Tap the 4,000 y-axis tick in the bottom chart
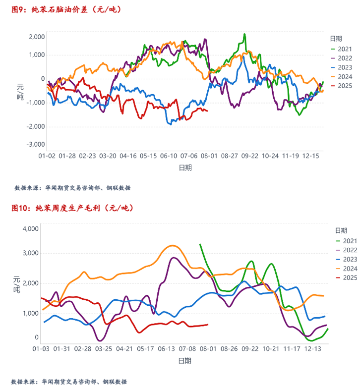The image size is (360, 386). click(31, 229)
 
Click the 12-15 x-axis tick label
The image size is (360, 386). click(311, 156)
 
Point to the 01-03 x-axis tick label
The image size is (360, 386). click(41, 349)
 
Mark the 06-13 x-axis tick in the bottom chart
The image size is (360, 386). click(168, 349)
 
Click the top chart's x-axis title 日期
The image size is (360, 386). click(185, 167)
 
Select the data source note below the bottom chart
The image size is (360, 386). click(69, 382)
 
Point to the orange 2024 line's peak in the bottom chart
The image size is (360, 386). click(172, 246)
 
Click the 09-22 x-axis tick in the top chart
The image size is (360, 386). click(249, 156)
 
